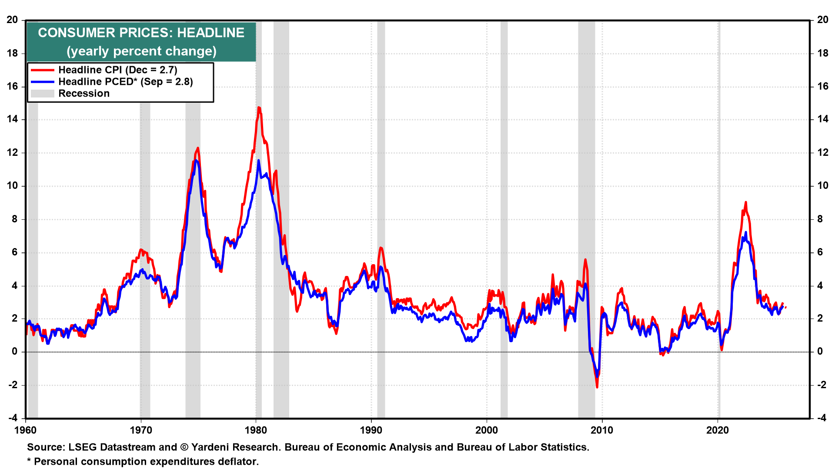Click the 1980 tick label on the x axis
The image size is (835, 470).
[x=256, y=430]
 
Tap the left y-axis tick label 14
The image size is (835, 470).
[x=12, y=119]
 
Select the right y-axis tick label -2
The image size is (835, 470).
[x=822, y=385]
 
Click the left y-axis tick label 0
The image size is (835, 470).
[x=15, y=351]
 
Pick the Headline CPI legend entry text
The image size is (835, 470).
[x=117, y=70]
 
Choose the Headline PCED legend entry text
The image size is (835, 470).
[x=125, y=81]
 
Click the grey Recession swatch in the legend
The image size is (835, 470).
[x=42, y=93]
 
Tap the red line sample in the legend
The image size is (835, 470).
[x=42, y=70]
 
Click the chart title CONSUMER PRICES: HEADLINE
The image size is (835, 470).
[x=141, y=33]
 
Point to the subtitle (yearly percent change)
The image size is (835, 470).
[x=141, y=51]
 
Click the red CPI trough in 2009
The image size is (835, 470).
[x=597, y=387]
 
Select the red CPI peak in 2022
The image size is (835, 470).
[x=745, y=202]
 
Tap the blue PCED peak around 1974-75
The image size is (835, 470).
[x=196, y=161]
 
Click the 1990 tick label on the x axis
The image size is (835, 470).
[x=371, y=430]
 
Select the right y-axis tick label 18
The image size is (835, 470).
[x=822, y=53]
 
